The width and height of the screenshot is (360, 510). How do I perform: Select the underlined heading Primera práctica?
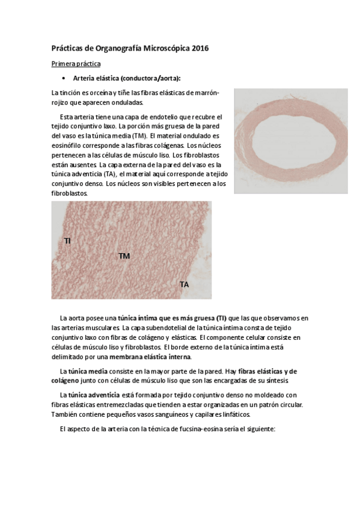(x=76, y=63)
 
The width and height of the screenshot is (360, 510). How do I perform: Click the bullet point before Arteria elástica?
(x=63, y=79)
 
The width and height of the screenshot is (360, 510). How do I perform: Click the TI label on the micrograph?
(x=67, y=241)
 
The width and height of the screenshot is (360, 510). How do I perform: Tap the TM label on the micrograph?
(x=124, y=256)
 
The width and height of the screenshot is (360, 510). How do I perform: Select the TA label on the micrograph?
(x=185, y=284)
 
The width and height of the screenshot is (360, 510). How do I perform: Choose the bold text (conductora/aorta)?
(x=150, y=79)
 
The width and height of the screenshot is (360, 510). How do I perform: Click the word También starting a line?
(x=66, y=414)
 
